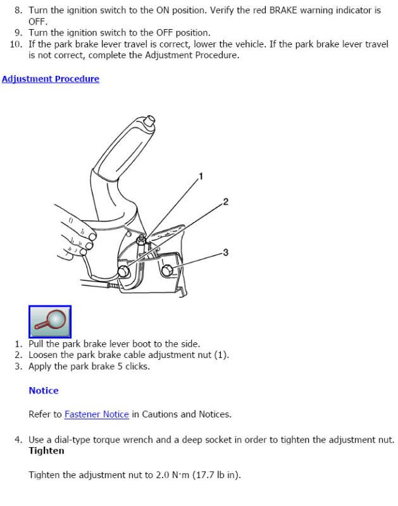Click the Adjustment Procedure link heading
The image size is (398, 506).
pyautogui.click(x=51, y=79)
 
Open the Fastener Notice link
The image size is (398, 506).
pyautogui.click(x=97, y=414)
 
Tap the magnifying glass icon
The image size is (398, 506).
pyautogui.click(x=50, y=321)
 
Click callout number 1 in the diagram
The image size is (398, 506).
pyautogui.click(x=201, y=176)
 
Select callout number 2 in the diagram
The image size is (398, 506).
pyautogui.click(x=226, y=202)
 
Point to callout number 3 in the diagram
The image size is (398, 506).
pyautogui.click(x=226, y=252)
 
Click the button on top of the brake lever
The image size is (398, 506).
pyautogui.click(x=149, y=121)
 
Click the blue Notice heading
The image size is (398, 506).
pyautogui.click(x=44, y=390)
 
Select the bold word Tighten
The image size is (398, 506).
pyautogui.click(x=46, y=451)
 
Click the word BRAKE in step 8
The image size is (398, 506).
pyautogui.click(x=283, y=10)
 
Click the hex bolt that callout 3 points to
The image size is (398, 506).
pyautogui.click(x=167, y=271)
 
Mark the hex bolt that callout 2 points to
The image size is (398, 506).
pyautogui.click(x=124, y=272)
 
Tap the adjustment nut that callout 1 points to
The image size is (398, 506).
pyautogui.click(x=140, y=240)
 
